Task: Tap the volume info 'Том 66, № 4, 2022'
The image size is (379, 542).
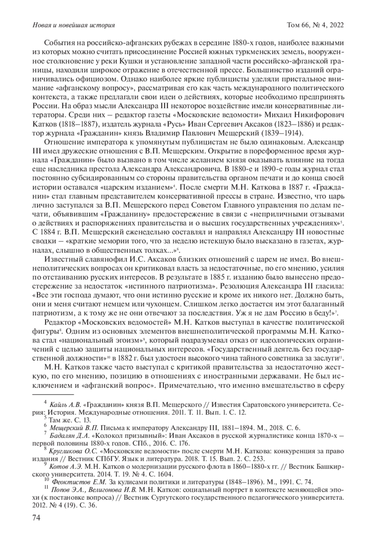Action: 315,25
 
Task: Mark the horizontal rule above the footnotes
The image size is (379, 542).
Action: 53,394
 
